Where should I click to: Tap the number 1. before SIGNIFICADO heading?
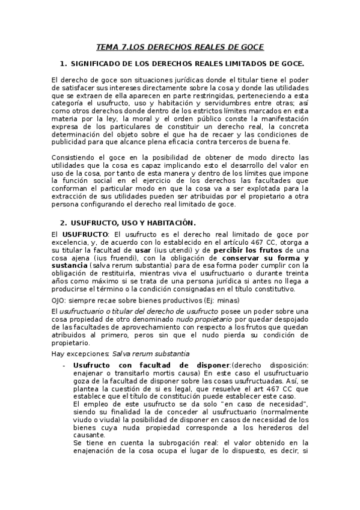(x=63, y=63)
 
